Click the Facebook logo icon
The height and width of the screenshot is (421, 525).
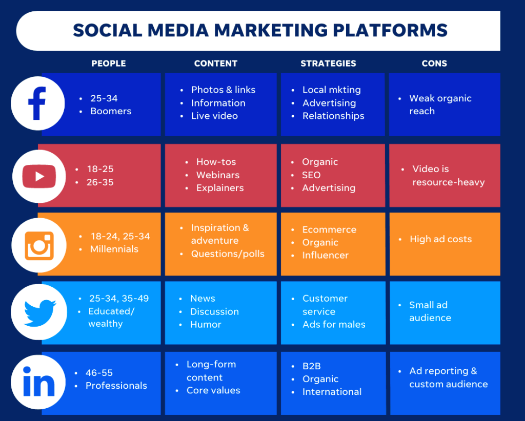coord(37,103)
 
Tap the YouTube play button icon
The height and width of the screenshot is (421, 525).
coord(39,176)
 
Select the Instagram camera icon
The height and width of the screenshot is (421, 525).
coord(39,246)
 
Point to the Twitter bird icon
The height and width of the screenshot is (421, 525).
coord(40,312)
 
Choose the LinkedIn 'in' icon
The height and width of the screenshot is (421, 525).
coord(38,382)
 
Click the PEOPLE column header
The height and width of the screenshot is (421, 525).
coord(109,64)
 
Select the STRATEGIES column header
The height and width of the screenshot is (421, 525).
coord(328,64)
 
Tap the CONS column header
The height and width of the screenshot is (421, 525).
coord(434,64)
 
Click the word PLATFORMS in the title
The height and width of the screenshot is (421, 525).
coord(390,30)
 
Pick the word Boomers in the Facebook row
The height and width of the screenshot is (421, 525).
coord(111,111)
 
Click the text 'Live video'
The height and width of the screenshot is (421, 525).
coord(215,116)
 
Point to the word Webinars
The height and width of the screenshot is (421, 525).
coord(218,175)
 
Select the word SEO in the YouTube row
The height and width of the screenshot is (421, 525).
coord(311,175)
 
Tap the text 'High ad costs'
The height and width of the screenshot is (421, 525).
coord(440,239)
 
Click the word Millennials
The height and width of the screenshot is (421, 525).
coord(114,249)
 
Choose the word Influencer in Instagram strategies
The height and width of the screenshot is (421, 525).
coord(326,255)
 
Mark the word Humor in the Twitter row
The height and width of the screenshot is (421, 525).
coord(206,324)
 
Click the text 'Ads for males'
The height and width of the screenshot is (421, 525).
coord(334,324)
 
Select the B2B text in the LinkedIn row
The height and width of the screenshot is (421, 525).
coord(311,366)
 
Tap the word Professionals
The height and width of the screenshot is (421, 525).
coord(116,386)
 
